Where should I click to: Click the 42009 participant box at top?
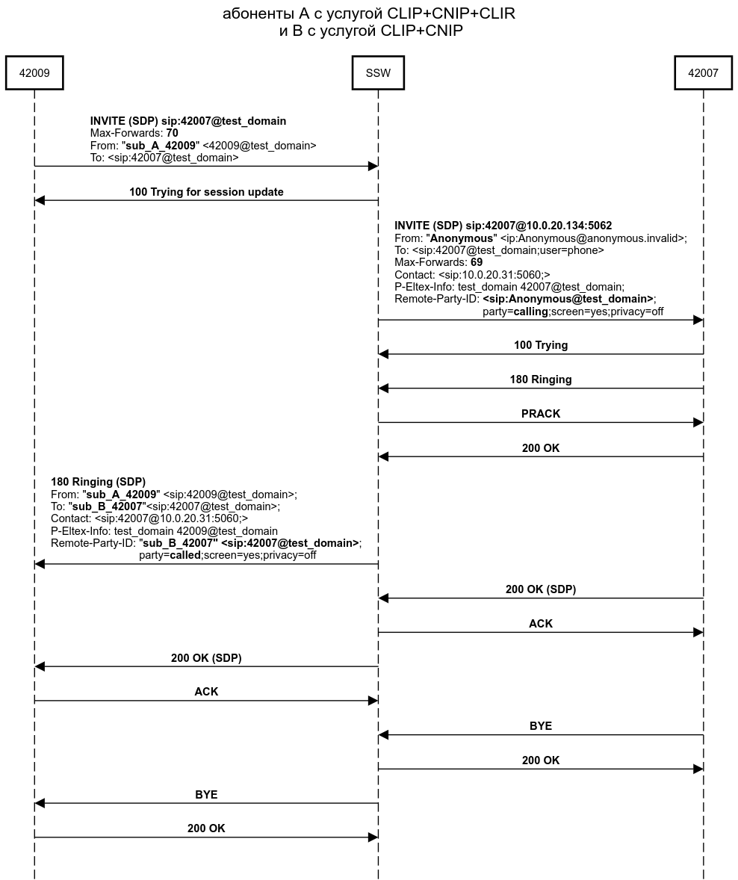pos(34,73)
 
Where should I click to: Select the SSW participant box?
pos(378,73)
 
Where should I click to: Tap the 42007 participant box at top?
pos(703,73)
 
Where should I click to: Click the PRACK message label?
pos(540,414)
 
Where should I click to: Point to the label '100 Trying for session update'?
pos(206,192)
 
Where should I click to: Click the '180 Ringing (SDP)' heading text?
pos(98,482)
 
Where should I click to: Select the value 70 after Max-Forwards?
pos(172,133)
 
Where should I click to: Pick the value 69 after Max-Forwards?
pos(477,262)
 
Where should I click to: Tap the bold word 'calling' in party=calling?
pos(530,312)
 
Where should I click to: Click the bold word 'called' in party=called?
pos(185,555)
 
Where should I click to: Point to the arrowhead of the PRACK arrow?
pos(698,423)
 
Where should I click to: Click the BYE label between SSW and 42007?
pos(540,726)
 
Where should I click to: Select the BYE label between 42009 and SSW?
pos(206,795)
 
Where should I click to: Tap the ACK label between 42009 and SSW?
pos(206,692)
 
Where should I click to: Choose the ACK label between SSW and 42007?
pos(540,624)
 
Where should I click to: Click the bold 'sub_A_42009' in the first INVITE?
pos(161,145)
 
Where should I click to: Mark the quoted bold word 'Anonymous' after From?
pos(461,238)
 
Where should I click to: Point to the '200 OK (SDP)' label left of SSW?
pos(206,658)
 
